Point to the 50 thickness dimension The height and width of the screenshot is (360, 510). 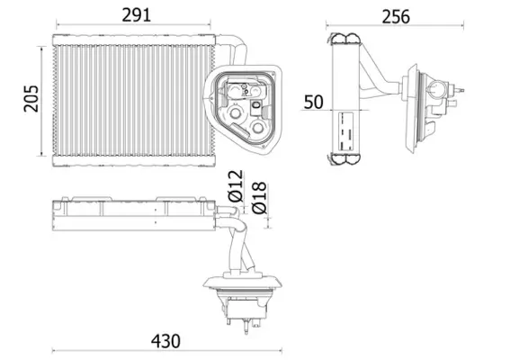pyautogui.click(x=313, y=101)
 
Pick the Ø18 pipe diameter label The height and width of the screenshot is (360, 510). pyautogui.click(x=259, y=197)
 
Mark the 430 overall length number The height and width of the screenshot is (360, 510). pyautogui.click(x=165, y=341)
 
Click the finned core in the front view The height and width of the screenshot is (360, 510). pyautogui.click(x=126, y=99)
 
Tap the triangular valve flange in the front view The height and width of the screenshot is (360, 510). pyautogui.click(x=245, y=105)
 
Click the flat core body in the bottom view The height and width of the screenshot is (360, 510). pyautogui.click(x=130, y=213)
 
